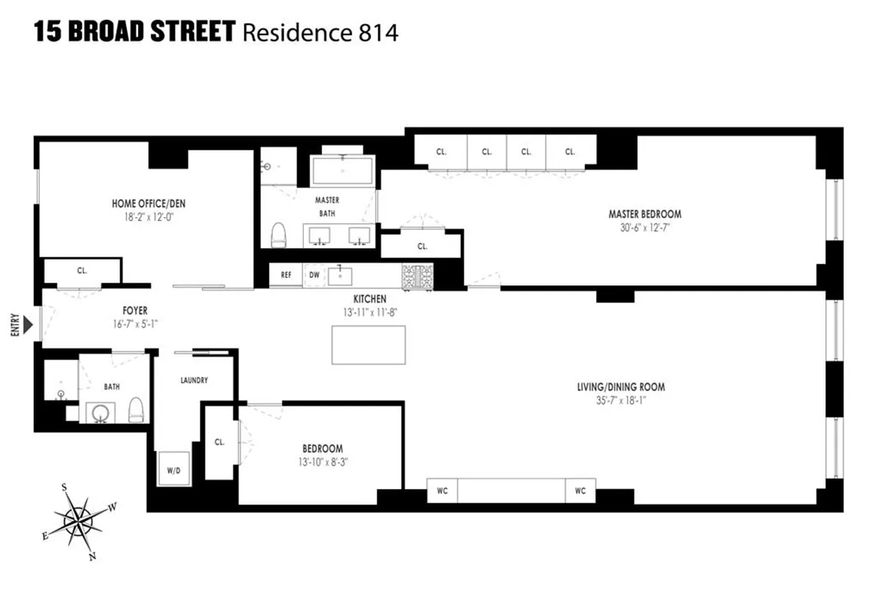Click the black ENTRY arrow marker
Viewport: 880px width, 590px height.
click(28, 325)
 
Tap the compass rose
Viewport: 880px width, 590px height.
click(77, 522)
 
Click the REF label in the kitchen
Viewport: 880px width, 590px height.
click(286, 275)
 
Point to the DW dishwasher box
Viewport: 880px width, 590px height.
click(313, 275)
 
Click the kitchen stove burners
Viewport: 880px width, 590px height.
click(417, 275)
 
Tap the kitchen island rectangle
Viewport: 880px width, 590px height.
click(369, 344)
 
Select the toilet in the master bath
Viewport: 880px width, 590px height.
click(278, 235)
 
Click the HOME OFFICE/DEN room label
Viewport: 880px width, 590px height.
click(145, 204)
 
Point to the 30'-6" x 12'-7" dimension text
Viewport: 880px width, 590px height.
click(645, 227)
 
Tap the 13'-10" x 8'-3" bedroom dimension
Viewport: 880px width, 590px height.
click(322, 462)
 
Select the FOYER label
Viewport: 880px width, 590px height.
click(135, 310)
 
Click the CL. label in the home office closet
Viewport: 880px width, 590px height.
click(82, 271)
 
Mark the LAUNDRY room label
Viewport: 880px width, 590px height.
click(194, 381)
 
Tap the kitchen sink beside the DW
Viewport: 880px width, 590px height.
click(341, 276)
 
